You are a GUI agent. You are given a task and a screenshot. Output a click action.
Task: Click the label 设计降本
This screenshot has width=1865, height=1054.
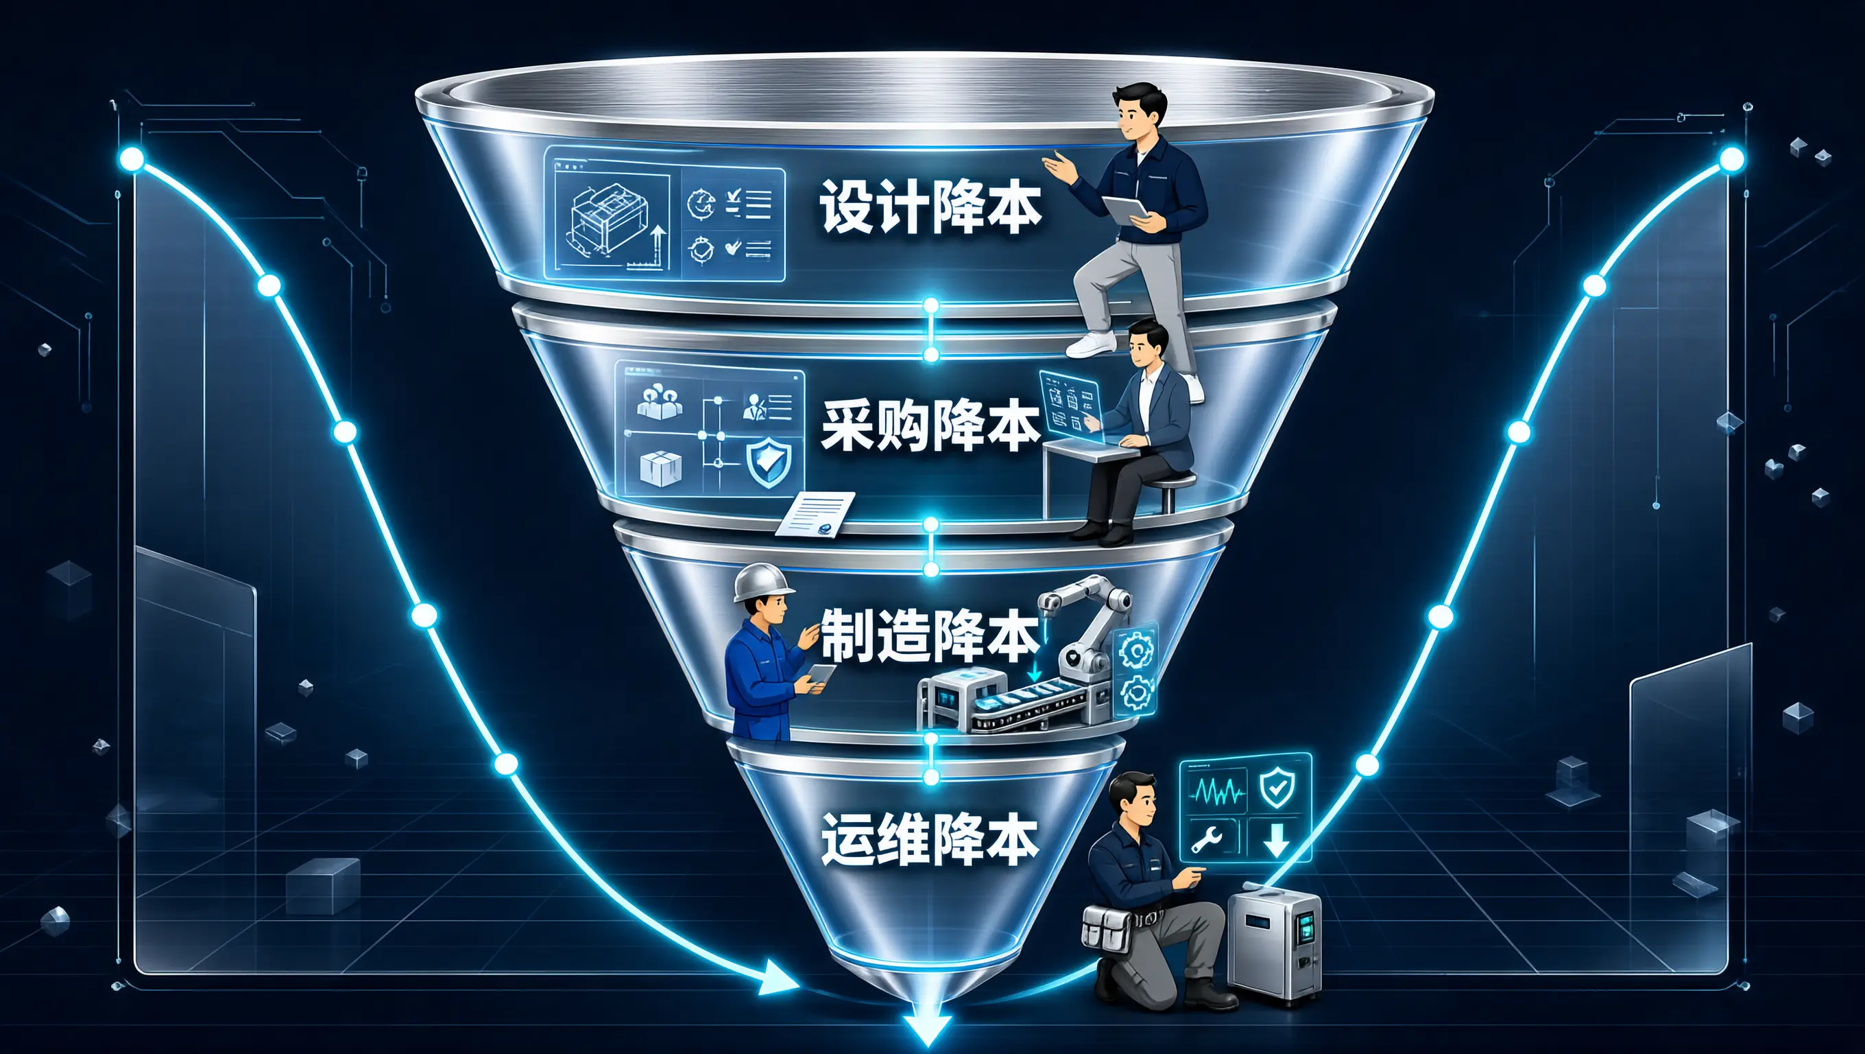click(x=930, y=207)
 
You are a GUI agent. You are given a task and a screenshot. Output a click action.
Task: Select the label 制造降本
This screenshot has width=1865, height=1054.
click(x=930, y=635)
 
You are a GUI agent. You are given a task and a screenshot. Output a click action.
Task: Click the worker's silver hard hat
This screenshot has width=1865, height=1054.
click(x=762, y=582)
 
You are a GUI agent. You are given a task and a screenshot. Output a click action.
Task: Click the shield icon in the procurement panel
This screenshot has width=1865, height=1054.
click(x=768, y=460)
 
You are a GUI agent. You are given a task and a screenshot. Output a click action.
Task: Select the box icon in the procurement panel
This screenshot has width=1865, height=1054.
click(x=660, y=468)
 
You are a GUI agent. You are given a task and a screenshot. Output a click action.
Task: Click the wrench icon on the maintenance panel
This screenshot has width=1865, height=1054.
click(x=1207, y=839)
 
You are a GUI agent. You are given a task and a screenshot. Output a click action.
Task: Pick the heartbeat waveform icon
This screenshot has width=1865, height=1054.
click(x=1219, y=792)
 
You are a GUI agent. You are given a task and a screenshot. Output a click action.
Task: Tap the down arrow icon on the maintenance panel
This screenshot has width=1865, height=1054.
click(x=1275, y=839)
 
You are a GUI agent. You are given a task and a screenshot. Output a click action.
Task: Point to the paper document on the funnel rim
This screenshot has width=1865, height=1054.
click(x=815, y=515)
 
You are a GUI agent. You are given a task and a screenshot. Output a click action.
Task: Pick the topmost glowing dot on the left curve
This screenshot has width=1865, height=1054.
click(x=132, y=159)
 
